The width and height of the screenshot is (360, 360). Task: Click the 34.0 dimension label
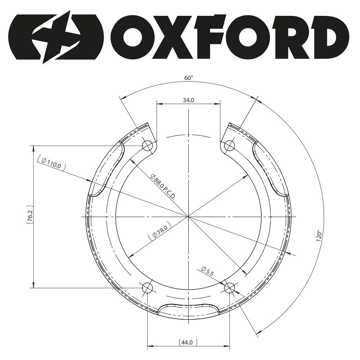[x=189, y=100]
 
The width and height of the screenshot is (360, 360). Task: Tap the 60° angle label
[x=189, y=78]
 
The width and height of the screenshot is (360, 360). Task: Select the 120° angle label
[x=319, y=235]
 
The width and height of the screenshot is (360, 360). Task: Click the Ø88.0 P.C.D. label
[x=163, y=186]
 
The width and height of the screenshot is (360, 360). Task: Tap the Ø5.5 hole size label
[x=208, y=271]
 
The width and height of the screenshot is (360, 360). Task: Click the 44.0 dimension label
[x=187, y=343]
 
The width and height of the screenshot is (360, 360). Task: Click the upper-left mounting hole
[x=147, y=145]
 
